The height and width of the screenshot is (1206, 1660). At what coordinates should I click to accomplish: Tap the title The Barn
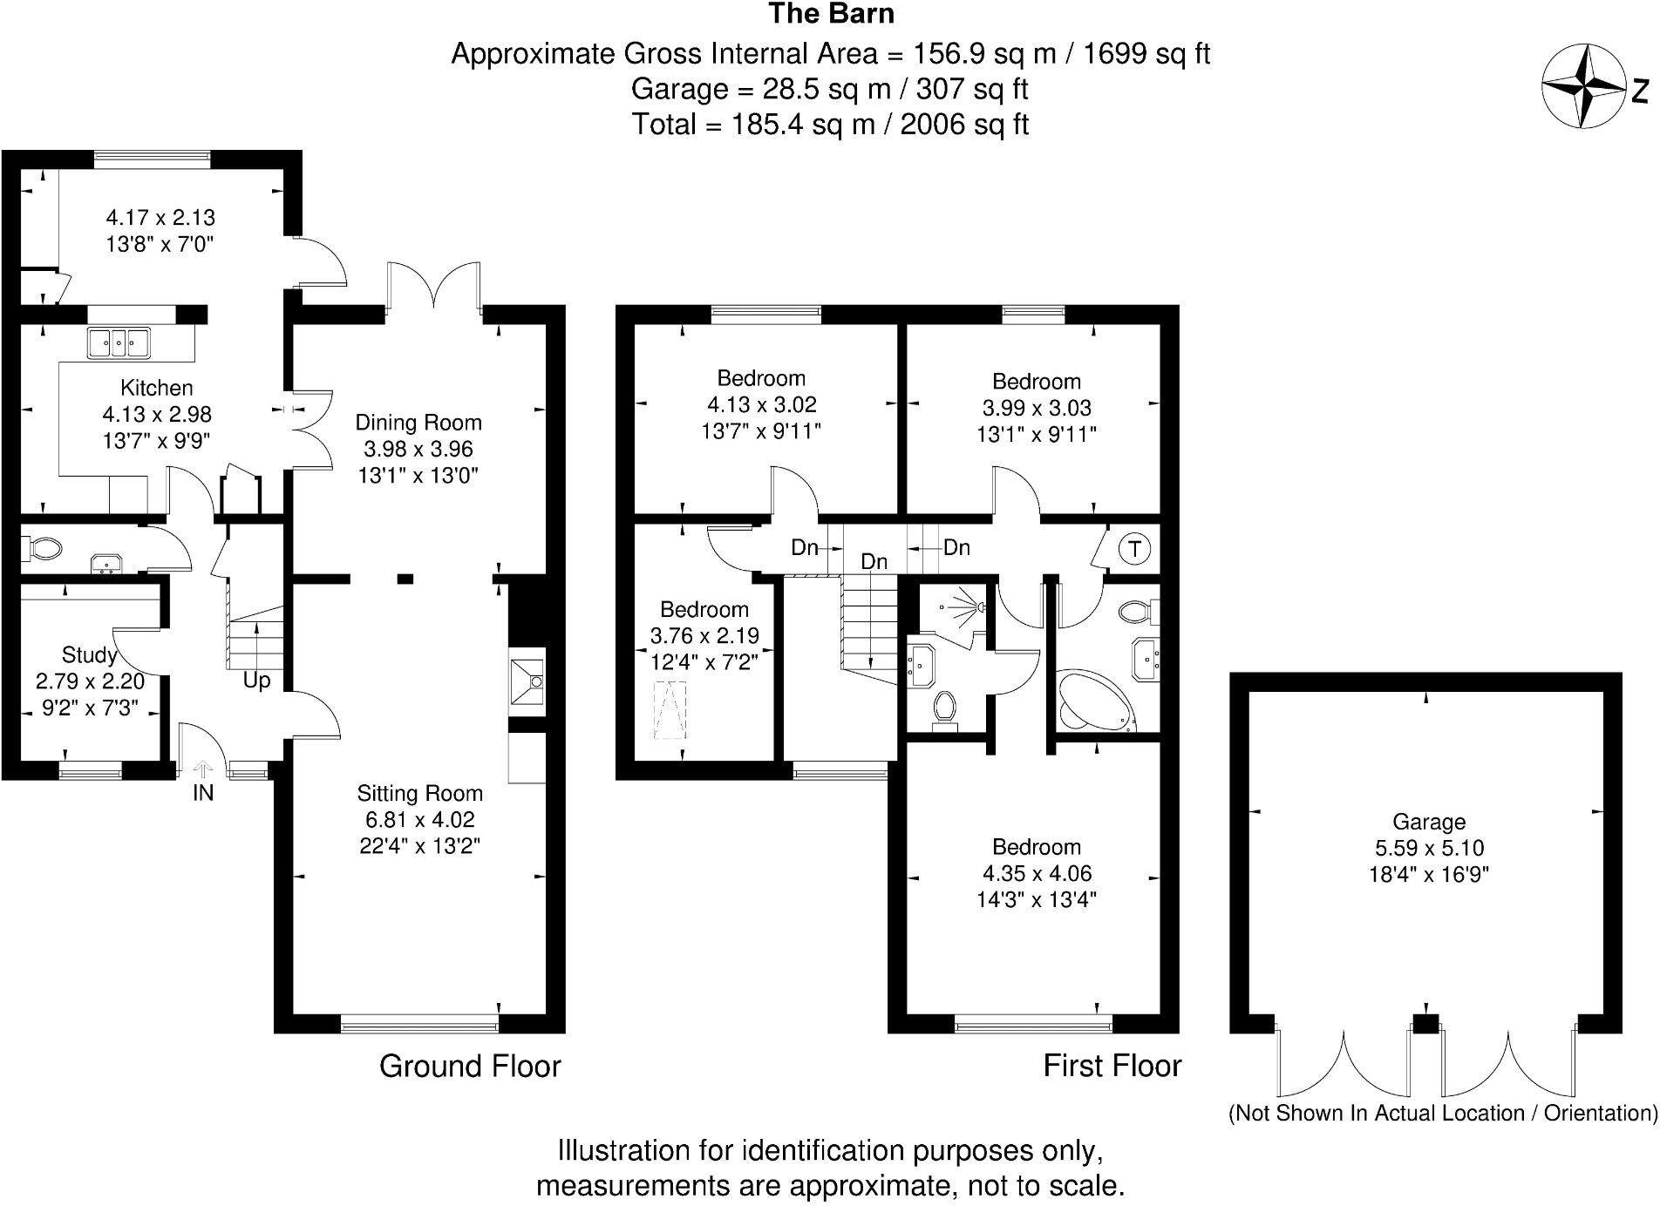[x=830, y=14]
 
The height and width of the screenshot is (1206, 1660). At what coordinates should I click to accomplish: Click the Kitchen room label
[x=157, y=388]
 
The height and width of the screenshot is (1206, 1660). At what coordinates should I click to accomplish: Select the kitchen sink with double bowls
[x=119, y=342]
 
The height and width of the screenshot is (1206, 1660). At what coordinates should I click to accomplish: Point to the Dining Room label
[x=418, y=423]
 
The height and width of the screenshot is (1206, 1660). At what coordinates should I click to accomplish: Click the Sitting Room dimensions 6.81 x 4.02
[x=419, y=819]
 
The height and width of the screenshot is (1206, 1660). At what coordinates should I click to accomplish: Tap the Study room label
[x=90, y=654]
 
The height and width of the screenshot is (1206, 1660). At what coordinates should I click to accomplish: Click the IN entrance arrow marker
[x=203, y=769]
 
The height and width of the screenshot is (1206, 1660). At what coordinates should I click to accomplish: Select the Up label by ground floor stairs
[x=256, y=681]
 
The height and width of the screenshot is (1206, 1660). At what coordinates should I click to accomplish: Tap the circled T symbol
[x=1134, y=549]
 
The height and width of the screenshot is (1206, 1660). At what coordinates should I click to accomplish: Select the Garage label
[x=1428, y=821]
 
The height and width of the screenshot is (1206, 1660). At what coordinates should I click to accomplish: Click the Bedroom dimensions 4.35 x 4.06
[x=1036, y=873]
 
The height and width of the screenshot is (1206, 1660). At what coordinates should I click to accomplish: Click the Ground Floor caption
[x=470, y=1066]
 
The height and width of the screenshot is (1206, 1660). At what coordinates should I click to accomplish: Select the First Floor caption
[x=1112, y=1066]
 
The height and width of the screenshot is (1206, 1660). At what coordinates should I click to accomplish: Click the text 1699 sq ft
[x=1146, y=54]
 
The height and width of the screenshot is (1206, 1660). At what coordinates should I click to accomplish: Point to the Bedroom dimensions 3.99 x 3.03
[x=1036, y=408]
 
